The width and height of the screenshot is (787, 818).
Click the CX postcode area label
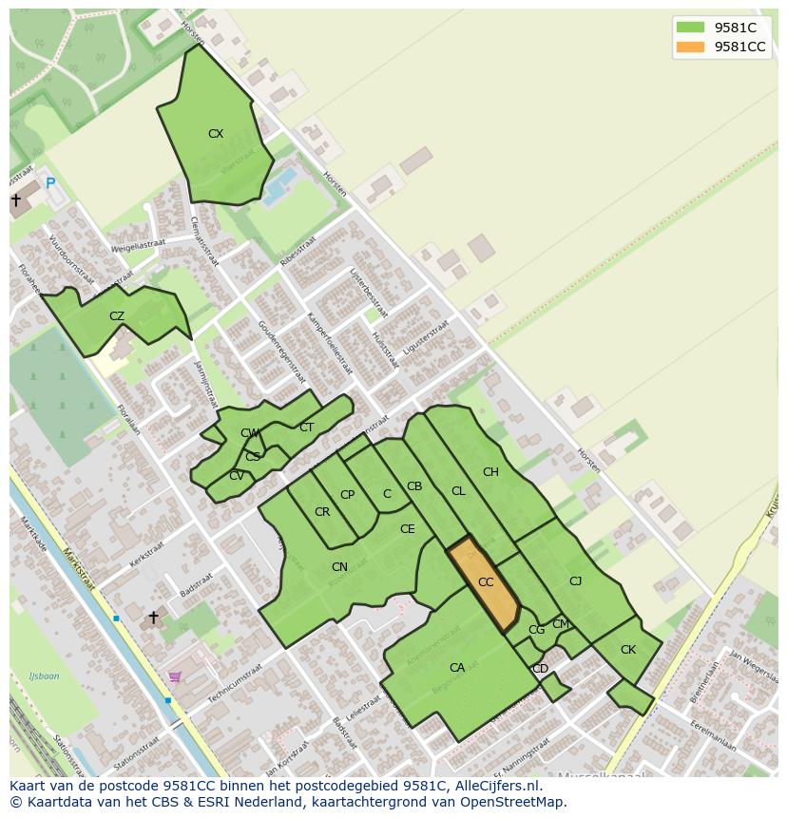click(216, 134)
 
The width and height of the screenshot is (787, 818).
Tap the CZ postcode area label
click(117, 316)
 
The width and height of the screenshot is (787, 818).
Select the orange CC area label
click(486, 582)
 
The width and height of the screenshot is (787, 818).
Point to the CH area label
click(490, 472)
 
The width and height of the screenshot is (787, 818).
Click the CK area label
click(627, 650)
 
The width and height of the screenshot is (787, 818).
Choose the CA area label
click(457, 668)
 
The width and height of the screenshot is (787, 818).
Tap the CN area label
click(339, 567)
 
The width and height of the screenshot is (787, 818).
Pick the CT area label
click(306, 428)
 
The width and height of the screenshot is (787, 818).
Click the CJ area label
click(575, 581)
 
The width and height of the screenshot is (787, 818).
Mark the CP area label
click(347, 495)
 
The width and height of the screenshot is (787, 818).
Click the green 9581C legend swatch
click(690, 28)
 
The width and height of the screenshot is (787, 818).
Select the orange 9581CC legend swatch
click(690, 47)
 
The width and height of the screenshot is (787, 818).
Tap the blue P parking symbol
click(50, 183)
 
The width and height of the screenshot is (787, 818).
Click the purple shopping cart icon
click(174, 676)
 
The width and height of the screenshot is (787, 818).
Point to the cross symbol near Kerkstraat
click(153, 618)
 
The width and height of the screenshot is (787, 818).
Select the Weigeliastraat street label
click(138, 244)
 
